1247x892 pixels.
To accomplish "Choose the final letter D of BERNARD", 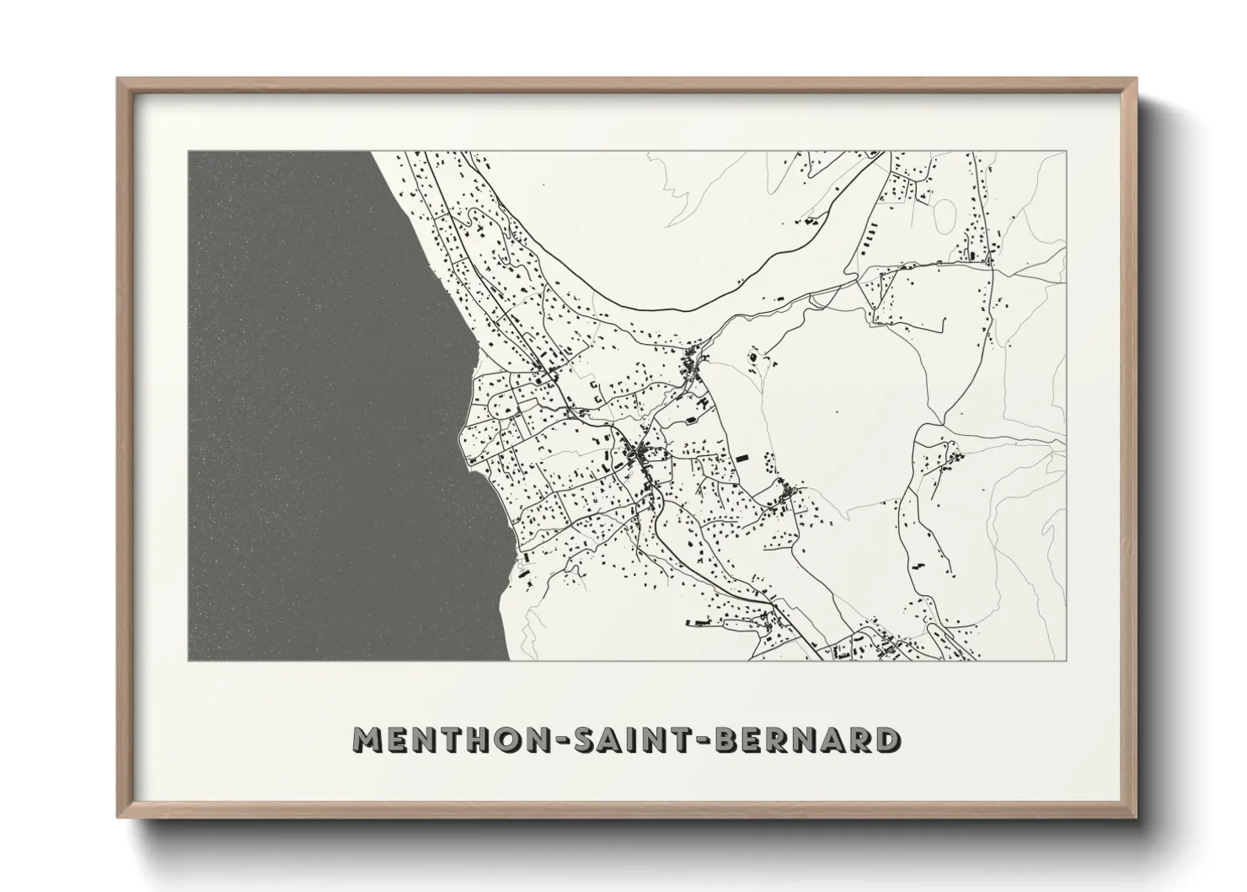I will [885, 739].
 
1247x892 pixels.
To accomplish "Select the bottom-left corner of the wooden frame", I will [118, 817].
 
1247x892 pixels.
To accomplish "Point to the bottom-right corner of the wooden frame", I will [1136, 817].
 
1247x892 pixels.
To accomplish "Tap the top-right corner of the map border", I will [1066, 152].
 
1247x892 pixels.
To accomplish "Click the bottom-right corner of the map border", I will [1066, 660].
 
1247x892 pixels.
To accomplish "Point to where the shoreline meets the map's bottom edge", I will [507, 660].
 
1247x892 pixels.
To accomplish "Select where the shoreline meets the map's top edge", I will [372, 152].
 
